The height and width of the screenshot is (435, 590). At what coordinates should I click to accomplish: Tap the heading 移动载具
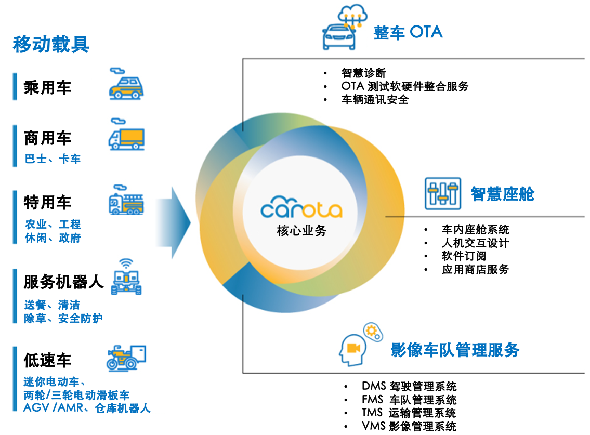tap(51, 44)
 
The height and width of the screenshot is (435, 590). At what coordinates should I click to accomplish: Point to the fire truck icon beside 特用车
tap(126, 200)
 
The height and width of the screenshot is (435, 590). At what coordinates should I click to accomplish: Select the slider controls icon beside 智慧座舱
tap(442, 193)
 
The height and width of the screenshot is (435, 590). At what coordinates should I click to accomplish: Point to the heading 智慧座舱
tap(502, 194)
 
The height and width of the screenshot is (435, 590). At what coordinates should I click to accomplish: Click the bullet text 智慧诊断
tap(364, 73)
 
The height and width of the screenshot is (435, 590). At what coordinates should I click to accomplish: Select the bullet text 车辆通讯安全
tap(375, 100)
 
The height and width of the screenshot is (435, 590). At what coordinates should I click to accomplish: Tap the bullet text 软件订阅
tap(464, 256)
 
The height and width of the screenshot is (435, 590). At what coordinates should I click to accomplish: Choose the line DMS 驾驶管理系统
tap(409, 386)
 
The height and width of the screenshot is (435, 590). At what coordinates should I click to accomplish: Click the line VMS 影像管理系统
tap(409, 427)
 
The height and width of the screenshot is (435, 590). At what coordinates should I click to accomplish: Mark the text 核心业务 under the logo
tap(301, 231)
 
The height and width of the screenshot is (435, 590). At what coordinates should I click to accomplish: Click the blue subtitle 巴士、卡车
tap(53, 159)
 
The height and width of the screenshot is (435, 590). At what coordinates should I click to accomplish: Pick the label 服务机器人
tap(63, 282)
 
